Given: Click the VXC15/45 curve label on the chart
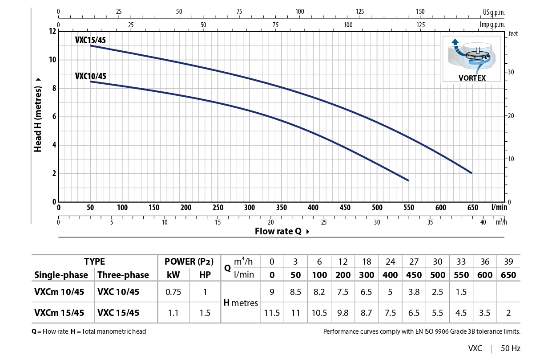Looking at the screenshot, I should coord(90,40).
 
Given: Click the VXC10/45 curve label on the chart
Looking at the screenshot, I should coord(90,76).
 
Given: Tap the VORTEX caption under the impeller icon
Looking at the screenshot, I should coord(472,78).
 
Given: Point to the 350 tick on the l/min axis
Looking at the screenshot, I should coord(281,208).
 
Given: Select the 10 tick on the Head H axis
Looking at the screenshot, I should coord(53,60).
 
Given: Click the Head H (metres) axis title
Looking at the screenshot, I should coord(38,115).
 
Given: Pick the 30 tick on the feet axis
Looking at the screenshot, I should coord(511,72).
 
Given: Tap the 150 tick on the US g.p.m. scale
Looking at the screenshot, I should coord(420,12).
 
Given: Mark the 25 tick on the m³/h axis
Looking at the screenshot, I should coord(323,222).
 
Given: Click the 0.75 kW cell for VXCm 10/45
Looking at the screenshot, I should coord(173,292).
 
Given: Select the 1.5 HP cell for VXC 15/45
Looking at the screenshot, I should coord(205,313).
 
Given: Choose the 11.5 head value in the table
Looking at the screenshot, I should coord(272,313).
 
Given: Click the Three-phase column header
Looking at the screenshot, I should coord(123,275).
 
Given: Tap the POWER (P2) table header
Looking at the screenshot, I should coord(189,262).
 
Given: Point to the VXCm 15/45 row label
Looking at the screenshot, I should coord(59,313).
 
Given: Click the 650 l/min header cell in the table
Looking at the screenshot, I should coord(508,275).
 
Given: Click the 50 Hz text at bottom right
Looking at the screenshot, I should coord(510,348).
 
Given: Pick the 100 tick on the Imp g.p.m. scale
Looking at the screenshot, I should coord(348,25).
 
